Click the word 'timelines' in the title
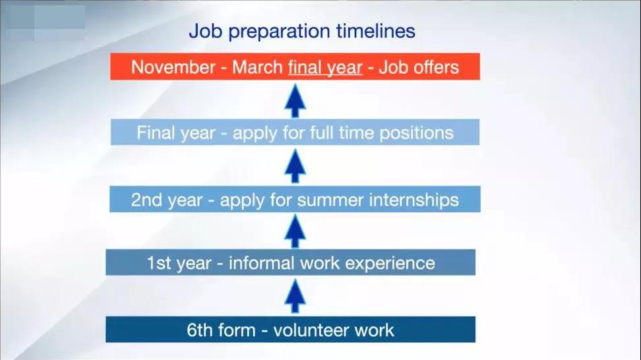[x=376, y=31]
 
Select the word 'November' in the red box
[x=173, y=67]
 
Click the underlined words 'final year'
[x=325, y=68]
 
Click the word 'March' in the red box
[x=258, y=67]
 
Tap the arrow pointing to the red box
[x=295, y=100]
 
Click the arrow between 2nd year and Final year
[x=295, y=166]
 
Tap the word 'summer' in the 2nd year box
[x=330, y=200]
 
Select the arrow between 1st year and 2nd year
[x=295, y=231]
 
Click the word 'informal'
[x=261, y=263]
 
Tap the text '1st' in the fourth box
[x=159, y=263]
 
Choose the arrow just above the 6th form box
[x=295, y=296]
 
